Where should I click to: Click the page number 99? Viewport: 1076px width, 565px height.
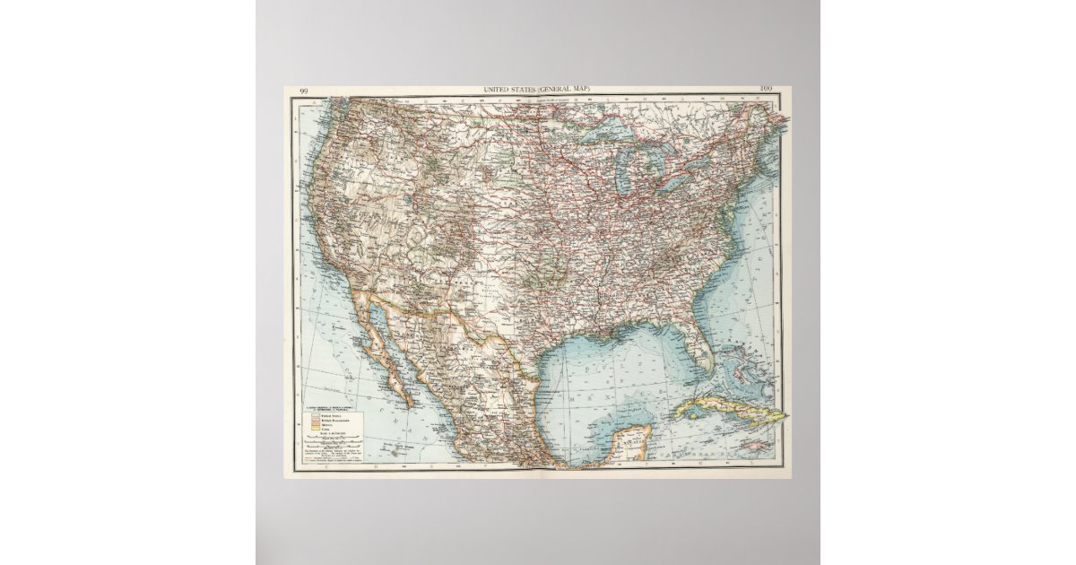pyautogui.click(x=304, y=91)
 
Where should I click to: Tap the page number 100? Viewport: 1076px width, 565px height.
pyautogui.click(x=765, y=89)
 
